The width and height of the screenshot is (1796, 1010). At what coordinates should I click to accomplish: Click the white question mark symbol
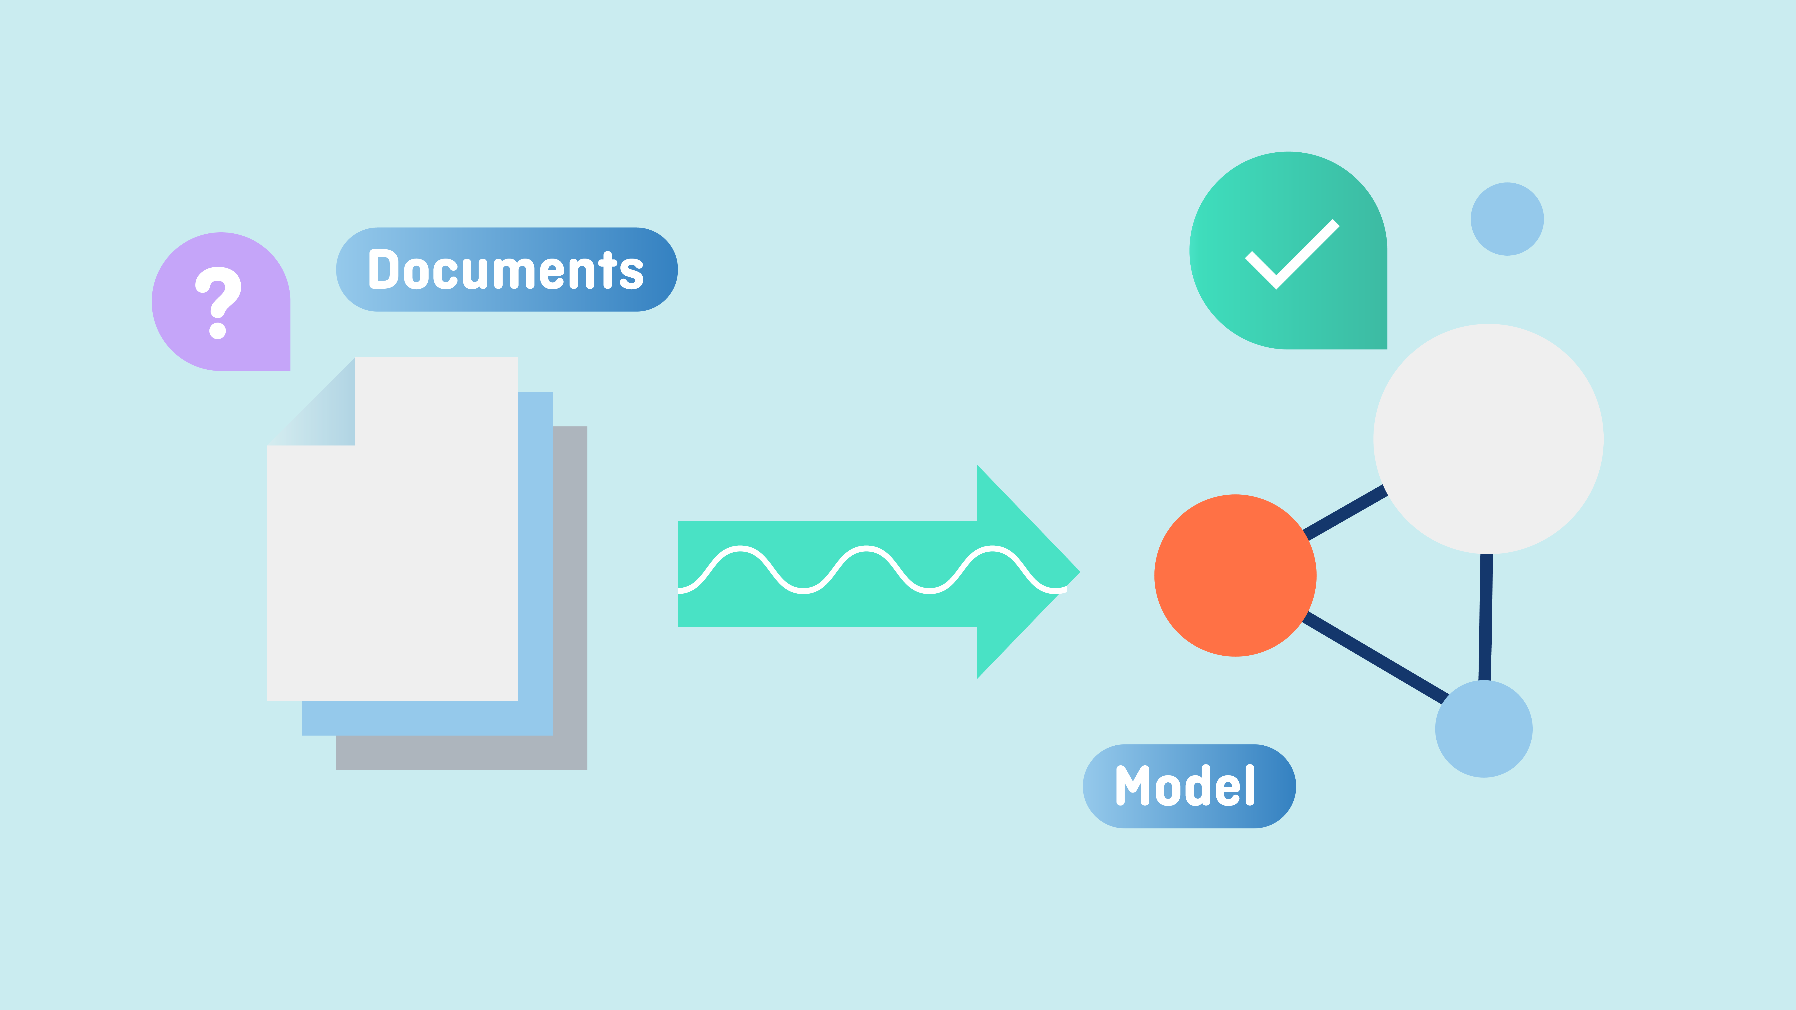pyautogui.click(x=218, y=303)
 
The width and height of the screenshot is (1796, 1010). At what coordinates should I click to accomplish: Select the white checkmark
pyautogui.click(x=1292, y=254)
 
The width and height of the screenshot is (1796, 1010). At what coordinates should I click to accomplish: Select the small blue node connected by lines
pyautogui.click(x=1484, y=728)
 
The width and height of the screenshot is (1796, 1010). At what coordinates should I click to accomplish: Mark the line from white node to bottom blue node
pyautogui.click(x=1486, y=617)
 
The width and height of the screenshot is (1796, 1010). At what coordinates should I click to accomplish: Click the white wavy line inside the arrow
pyautogui.click(x=871, y=569)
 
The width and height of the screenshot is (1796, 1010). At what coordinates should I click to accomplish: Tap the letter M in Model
pyautogui.click(x=1133, y=786)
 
